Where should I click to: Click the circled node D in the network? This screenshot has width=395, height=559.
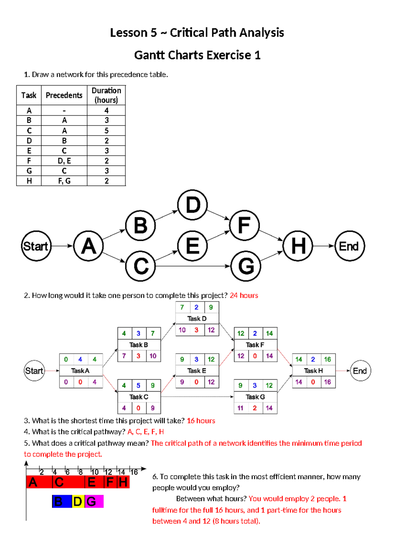193,205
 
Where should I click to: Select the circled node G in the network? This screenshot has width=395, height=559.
246,266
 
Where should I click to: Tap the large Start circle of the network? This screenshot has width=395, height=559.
36,246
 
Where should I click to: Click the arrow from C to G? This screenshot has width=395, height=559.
193,266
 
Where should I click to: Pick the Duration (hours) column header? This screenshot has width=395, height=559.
106,95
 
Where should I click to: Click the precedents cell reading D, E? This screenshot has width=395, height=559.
64,161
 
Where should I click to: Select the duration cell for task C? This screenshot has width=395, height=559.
106,131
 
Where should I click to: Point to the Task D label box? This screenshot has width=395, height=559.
197,319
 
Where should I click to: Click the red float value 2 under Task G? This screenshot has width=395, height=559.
255,408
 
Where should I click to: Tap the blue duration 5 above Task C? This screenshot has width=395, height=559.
138,385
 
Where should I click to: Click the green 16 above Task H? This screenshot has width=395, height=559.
327,359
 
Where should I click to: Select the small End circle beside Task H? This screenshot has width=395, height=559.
360,371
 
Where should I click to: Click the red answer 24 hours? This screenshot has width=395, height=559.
244,295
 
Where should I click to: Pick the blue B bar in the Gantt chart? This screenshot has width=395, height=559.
62,501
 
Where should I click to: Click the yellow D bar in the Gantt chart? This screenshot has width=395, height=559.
78,501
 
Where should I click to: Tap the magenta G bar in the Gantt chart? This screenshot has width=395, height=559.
94,501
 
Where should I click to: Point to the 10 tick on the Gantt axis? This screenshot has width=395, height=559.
94,472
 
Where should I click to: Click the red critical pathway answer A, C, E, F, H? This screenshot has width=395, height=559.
145,432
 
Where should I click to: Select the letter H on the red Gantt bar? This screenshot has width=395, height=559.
123,482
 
